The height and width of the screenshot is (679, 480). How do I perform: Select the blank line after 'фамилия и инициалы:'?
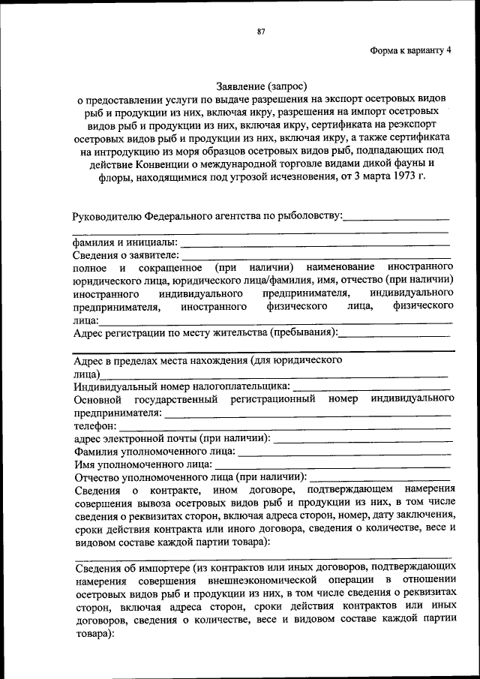point(315,244)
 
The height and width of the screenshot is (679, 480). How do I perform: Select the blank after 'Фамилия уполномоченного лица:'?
point(344,452)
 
